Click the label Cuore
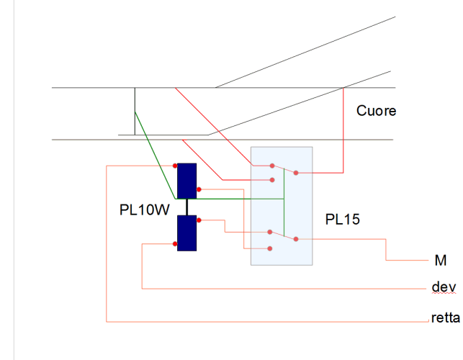pyautogui.click(x=376, y=112)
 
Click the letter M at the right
pyautogui.click(x=440, y=260)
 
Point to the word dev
pyautogui.click(x=444, y=287)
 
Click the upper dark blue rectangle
pyautogui.click(x=186, y=181)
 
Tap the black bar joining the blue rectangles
pyautogui.click(x=186, y=207)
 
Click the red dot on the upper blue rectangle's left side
pyautogui.click(x=176, y=166)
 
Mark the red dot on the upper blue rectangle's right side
pyautogui.click(x=198, y=189)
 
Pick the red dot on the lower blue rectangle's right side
pyautogui.click(x=198, y=220)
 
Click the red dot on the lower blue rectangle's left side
pyautogui.click(x=176, y=244)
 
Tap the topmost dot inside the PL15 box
pyautogui.click(x=272, y=165)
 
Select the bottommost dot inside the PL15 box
pyautogui.click(x=270, y=248)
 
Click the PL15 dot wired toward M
pyautogui.click(x=296, y=238)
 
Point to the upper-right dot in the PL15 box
pyautogui.click(x=295, y=173)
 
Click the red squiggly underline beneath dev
pyautogui.click(x=444, y=294)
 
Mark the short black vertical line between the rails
pyautogui.click(x=135, y=111)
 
